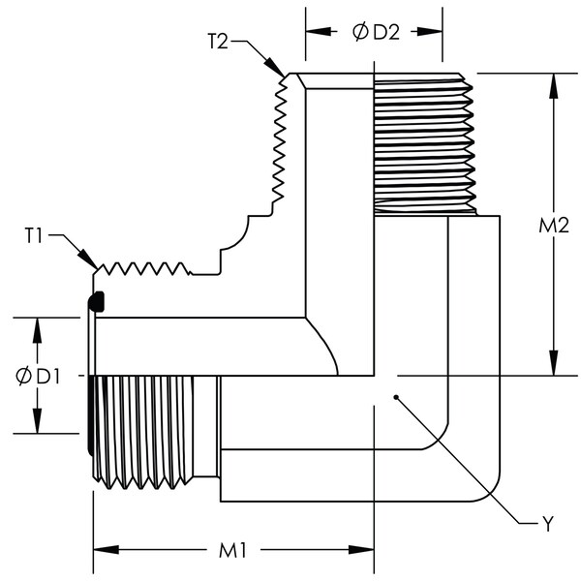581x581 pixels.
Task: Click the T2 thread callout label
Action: click(218, 41)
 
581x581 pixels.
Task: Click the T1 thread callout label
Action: click(34, 235)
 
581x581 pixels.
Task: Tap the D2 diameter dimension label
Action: click(377, 32)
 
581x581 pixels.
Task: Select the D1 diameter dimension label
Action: click(38, 377)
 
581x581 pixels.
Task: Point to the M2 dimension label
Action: click(554, 226)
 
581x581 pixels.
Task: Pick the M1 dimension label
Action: click(232, 551)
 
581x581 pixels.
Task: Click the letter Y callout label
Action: click(548, 524)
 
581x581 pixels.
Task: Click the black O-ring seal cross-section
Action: click(96, 301)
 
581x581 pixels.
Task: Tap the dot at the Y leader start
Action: click(396, 397)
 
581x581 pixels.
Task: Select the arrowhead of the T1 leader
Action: click(88, 259)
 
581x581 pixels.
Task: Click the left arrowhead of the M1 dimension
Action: click(106, 550)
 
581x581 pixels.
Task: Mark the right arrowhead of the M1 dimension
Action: click(361, 550)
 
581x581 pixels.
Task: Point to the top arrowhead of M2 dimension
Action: click(554, 86)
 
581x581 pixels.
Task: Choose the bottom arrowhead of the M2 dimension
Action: click(554, 363)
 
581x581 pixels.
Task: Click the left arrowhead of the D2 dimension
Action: click(319, 32)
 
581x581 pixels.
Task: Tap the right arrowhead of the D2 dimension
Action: click(430, 32)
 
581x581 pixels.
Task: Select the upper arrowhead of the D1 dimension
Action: click(37, 330)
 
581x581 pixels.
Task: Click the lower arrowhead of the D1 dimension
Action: click(37, 420)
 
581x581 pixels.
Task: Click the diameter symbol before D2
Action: click(360, 32)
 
